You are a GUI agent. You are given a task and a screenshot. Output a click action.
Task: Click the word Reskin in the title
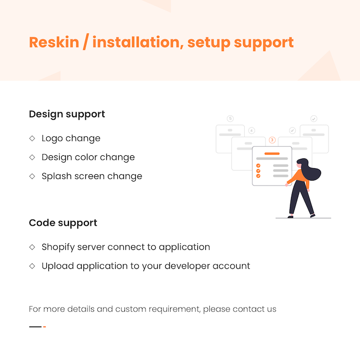54,42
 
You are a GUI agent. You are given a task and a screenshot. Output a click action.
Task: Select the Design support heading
67,114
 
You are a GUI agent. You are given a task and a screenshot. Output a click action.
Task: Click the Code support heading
63,223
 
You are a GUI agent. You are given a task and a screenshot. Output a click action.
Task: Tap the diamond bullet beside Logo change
32,138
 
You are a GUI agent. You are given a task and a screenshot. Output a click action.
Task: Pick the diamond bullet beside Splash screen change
32,176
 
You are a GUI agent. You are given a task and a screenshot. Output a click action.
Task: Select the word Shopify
58,247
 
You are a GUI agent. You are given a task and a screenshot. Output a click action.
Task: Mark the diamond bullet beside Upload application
32,266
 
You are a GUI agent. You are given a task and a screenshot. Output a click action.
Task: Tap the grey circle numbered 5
230,118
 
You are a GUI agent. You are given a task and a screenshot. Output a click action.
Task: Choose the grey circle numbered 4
251,131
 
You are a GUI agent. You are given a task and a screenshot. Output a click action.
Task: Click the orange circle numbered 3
272,140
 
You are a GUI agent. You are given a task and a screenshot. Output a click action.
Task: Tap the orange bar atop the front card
272,154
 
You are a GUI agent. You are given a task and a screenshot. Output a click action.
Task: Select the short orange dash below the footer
45,327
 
